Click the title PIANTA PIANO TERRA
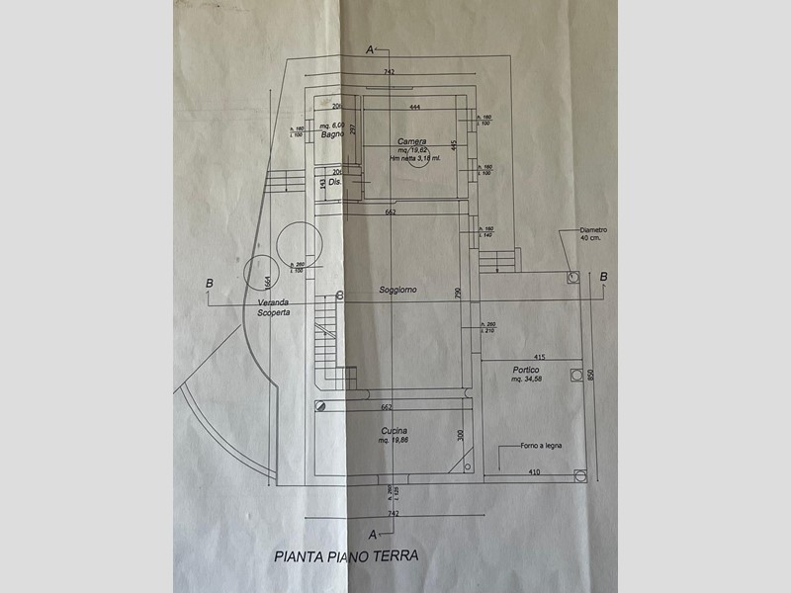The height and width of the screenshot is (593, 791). (x=345, y=556)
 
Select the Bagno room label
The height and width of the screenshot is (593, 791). (x=331, y=134)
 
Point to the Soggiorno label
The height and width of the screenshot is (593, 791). (x=397, y=290)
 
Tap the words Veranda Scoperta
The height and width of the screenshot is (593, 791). (x=269, y=307)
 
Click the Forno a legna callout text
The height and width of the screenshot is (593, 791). (x=542, y=447)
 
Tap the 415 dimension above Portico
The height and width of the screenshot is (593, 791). (x=539, y=356)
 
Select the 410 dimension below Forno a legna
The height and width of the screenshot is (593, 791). (x=534, y=472)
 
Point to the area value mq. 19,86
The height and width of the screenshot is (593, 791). (x=395, y=440)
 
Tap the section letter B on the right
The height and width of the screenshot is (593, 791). (x=604, y=275)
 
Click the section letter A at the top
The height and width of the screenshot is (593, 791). (x=369, y=48)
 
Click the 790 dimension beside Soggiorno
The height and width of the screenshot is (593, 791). (x=457, y=293)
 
